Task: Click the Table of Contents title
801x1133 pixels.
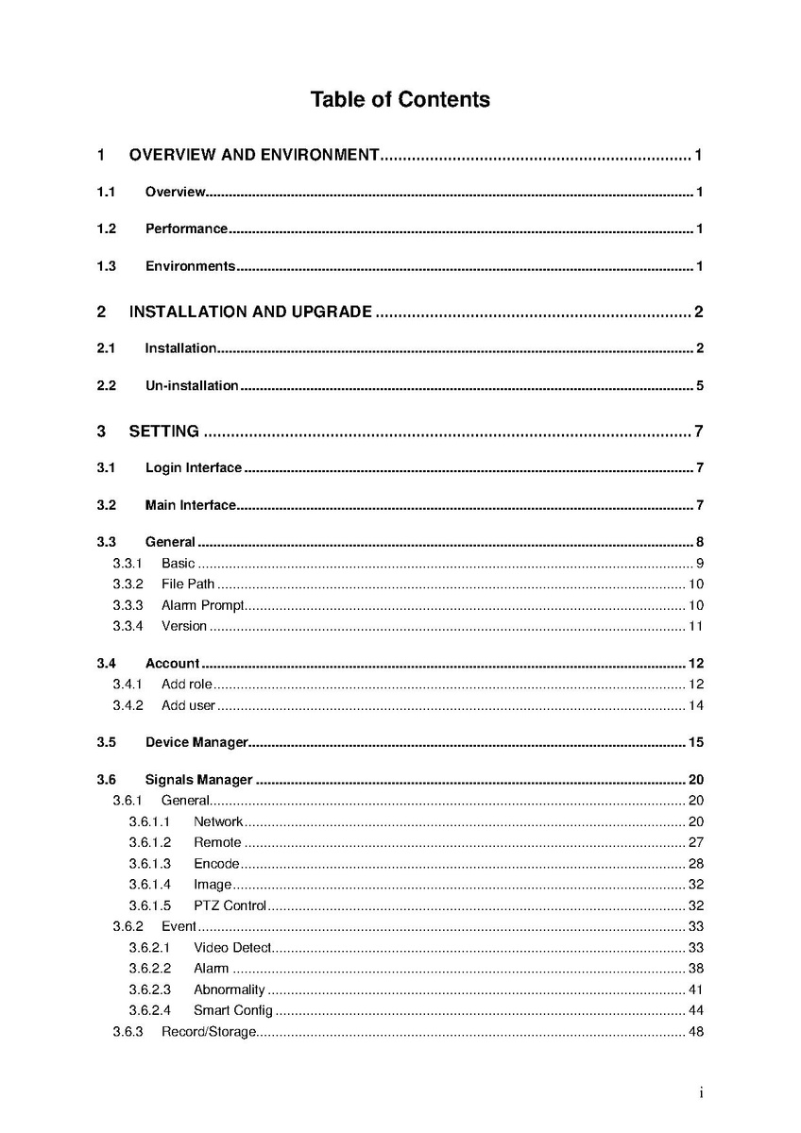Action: (400, 99)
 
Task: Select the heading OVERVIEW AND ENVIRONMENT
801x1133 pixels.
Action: (253, 155)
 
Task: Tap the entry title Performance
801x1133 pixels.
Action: (186, 228)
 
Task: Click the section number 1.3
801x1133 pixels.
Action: (106, 266)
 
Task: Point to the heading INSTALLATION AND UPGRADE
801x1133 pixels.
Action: (250, 312)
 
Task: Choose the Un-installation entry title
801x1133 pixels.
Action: (191, 385)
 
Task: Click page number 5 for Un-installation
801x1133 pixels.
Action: (700, 385)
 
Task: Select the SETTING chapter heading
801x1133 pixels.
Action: (163, 431)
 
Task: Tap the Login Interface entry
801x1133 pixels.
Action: (193, 468)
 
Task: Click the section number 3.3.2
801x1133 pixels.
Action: (128, 584)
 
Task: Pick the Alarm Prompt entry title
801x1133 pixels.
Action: (202, 605)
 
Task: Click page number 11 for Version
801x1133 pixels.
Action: (695, 626)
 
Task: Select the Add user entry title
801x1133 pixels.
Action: (188, 705)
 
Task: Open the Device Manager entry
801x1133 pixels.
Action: (196, 742)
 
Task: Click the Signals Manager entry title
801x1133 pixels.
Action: (198, 780)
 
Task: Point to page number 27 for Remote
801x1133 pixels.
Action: (695, 842)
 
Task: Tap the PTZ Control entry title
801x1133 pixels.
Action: (230, 906)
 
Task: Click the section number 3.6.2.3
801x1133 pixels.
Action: (149, 989)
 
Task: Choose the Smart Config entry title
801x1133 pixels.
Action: (232, 1010)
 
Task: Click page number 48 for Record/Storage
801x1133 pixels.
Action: (695, 1032)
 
